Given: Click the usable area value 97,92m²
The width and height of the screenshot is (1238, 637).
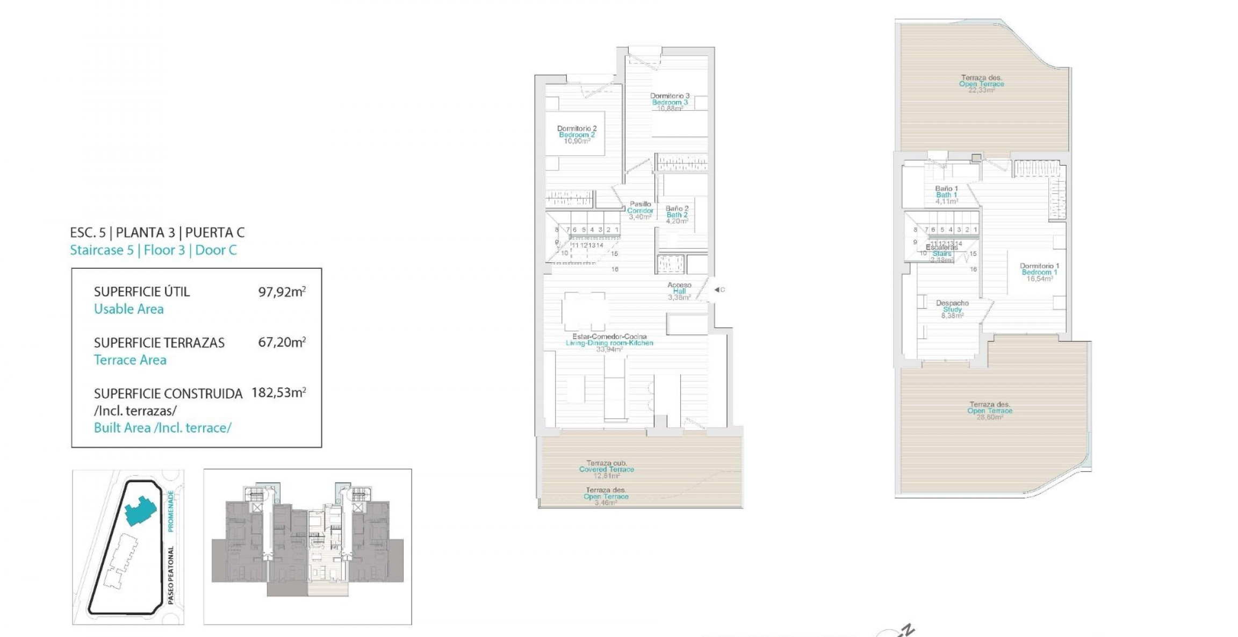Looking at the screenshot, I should pos(282,292).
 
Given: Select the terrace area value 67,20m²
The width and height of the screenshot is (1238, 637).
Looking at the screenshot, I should pos(282,342).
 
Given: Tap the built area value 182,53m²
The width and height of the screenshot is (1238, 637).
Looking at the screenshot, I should pos(278,393).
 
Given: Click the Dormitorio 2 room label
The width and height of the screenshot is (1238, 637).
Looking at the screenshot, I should pos(577,134).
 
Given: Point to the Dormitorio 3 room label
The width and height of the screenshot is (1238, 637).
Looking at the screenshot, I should pos(670,102).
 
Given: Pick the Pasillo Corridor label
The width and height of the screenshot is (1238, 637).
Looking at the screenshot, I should pos(640,210).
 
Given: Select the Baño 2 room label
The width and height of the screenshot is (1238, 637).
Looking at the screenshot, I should pos(677,214).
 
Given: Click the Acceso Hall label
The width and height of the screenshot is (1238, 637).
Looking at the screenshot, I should pos(679,291).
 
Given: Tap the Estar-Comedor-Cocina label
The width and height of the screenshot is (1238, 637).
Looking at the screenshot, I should pos(609,342).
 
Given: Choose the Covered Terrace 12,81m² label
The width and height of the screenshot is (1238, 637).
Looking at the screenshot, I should pos(606,469).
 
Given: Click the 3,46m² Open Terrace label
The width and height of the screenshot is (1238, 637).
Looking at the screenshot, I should pos(606,496).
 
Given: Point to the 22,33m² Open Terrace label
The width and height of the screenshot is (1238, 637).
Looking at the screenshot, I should pos(981,84).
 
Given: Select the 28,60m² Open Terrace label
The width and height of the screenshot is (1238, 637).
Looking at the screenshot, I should pos(989,411).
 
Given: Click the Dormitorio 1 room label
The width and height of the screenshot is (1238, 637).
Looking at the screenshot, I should pos(1039,272).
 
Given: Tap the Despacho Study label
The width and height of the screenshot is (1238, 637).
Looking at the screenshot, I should pos(952,309).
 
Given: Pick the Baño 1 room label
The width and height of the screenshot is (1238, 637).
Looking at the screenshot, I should pos(946,195).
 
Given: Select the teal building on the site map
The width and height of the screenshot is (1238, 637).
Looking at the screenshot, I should pos(140,511).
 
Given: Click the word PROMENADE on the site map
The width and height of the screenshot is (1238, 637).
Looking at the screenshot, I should pos(171,511).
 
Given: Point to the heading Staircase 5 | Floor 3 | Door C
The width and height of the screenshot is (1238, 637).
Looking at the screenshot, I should pos(153,250).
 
